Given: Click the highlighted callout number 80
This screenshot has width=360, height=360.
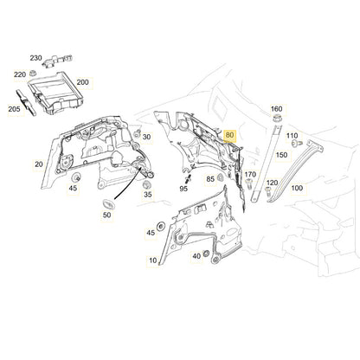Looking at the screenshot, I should (x=229, y=136).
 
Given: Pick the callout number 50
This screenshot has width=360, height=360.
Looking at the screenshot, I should (x=107, y=216).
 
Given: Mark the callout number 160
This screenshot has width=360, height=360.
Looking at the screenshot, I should (x=276, y=109).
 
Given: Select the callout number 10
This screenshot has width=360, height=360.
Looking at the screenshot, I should (x=154, y=260).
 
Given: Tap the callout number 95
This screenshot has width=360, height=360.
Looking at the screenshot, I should (x=183, y=187).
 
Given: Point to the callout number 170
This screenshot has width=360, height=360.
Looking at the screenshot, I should (x=250, y=175).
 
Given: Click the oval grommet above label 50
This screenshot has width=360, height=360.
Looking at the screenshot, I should (x=110, y=202).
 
